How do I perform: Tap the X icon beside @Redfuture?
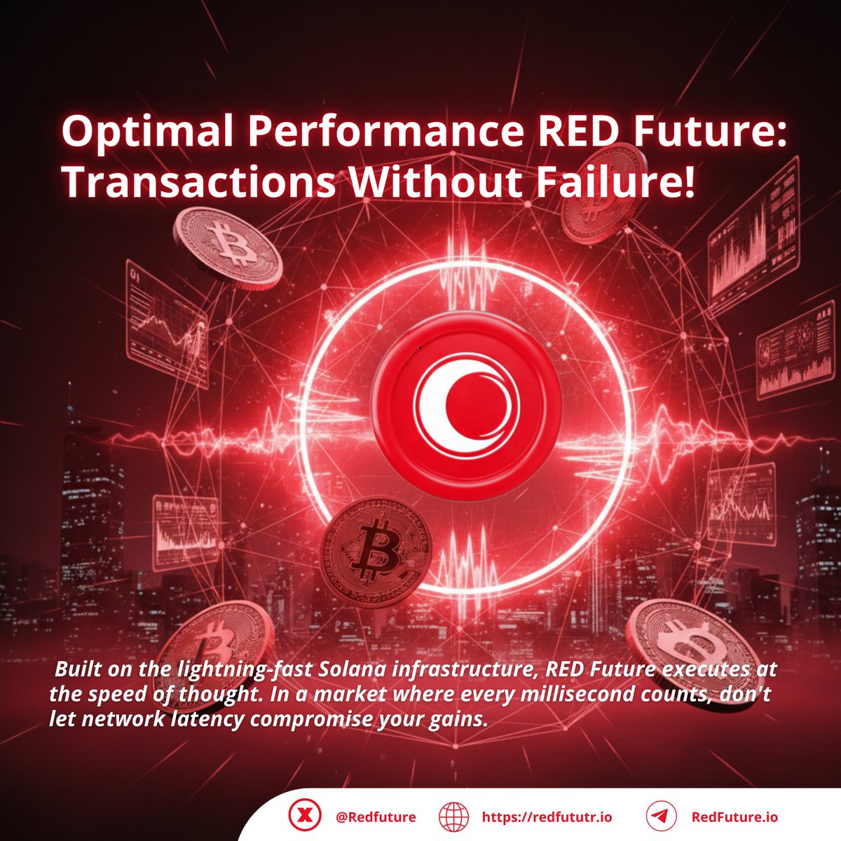pos(305,816)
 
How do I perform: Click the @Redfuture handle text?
pos(376,817)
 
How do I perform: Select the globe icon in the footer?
pos(453,816)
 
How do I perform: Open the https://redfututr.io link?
pos(547,817)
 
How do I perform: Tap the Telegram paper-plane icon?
pos(659,816)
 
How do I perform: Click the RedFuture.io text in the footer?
pos(734,817)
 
